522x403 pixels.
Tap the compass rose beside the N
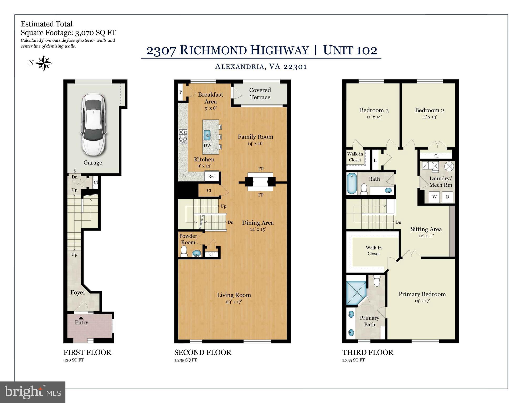[44, 63]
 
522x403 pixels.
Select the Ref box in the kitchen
[212, 176]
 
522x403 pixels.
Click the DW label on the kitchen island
[207, 145]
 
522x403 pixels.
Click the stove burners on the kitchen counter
[183, 137]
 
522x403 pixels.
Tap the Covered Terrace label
[260, 94]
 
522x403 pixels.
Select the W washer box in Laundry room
[435, 197]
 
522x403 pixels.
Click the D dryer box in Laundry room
[448, 197]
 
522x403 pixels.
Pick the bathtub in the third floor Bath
[352, 183]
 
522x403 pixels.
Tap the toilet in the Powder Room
[184, 251]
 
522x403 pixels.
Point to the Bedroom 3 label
[374, 110]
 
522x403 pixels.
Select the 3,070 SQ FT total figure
[96, 33]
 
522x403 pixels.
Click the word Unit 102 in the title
[350, 50]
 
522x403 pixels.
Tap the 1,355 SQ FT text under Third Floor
[353, 360]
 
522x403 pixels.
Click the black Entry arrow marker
[81, 318]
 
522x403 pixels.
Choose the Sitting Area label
[426, 229]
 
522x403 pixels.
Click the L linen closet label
[375, 160]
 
